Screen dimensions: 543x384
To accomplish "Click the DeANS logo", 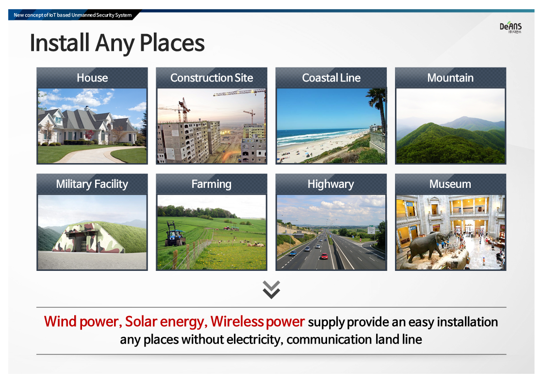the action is click(x=510, y=27).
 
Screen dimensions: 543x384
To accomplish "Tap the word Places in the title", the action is click(x=172, y=43).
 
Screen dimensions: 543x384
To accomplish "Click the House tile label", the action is click(x=92, y=78).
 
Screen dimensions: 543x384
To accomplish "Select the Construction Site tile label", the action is click(x=212, y=78).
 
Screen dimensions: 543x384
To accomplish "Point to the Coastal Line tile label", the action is click(x=331, y=78).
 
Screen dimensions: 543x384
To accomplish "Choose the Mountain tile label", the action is click(x=450, y=78).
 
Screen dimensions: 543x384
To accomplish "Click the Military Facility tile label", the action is click(x=92, y=184).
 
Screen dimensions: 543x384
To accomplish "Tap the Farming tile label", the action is click(x=212, y=184).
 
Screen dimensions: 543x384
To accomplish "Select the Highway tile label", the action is click(x=331, y=184).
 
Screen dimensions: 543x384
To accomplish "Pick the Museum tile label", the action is click(x=450, y=184).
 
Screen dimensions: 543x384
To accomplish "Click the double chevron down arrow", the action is click(x=271, y=290).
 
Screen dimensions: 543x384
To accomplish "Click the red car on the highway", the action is click(x=324, y=256).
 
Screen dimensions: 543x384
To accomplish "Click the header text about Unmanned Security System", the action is click(x=73, y=15).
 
